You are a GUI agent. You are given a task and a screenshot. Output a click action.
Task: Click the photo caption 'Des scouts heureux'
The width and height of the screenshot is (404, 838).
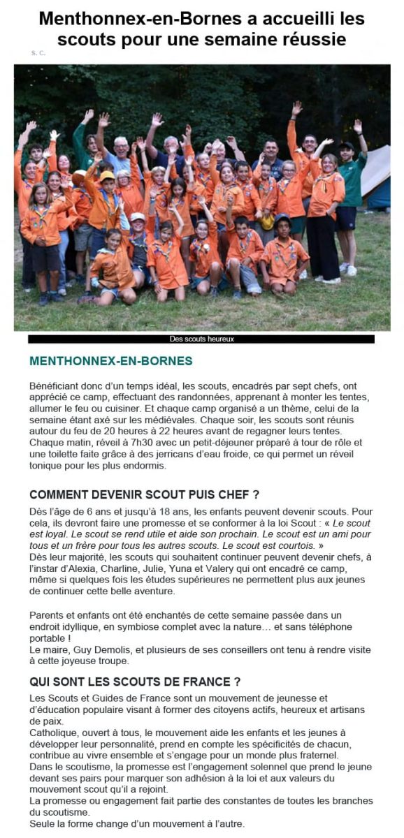201,339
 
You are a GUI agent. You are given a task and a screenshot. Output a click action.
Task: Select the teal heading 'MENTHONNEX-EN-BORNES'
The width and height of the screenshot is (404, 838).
110,362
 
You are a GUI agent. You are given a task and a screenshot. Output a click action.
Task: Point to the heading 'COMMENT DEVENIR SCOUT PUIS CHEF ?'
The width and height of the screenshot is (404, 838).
145,495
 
